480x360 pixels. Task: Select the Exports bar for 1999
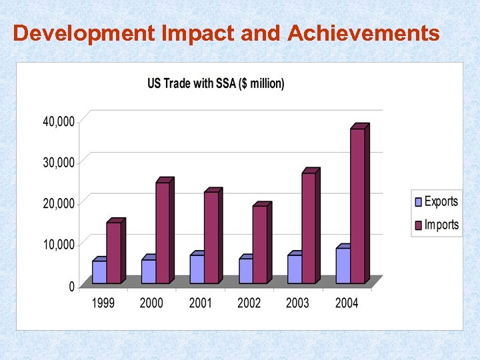(99, 271)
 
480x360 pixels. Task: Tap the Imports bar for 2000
(163, 232)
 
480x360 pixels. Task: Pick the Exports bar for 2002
(245, 270)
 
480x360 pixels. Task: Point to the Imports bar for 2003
(308, 227)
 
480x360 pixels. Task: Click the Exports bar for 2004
(343, 265)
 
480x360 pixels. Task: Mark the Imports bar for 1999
(113, 252)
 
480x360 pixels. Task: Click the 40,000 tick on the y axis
(59, 121)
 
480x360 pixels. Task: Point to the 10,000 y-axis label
(59, 245)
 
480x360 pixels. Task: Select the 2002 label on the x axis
(249, 303)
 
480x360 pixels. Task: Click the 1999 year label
(103, 303)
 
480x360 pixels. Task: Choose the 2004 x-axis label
(346, 303)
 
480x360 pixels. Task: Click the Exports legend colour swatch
(419, 202)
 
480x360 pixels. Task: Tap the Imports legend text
(441, 225)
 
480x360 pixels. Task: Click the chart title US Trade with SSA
(215, 83)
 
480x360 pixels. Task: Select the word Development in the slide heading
(85, 33)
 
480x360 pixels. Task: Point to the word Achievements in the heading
(363, 33)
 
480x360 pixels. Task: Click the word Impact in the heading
(198, 33)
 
